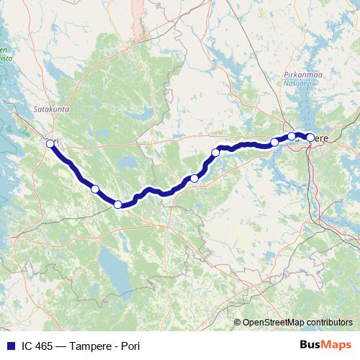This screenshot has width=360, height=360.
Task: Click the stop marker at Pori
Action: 50,143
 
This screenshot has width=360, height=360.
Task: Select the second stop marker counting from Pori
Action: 95,189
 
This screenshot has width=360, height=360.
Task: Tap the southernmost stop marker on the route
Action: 118,204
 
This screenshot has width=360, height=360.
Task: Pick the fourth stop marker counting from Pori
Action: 194,179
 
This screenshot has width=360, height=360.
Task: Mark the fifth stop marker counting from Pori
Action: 215,153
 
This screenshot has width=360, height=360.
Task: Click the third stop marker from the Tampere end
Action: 274,142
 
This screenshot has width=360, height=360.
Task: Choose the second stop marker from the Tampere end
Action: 292,136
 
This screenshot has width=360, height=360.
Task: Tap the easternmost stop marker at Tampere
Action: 310,137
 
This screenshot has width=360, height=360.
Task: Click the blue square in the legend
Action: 11,346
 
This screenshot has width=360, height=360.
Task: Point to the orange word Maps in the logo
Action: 336,345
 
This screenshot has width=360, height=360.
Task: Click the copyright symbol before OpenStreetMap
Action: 238,322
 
